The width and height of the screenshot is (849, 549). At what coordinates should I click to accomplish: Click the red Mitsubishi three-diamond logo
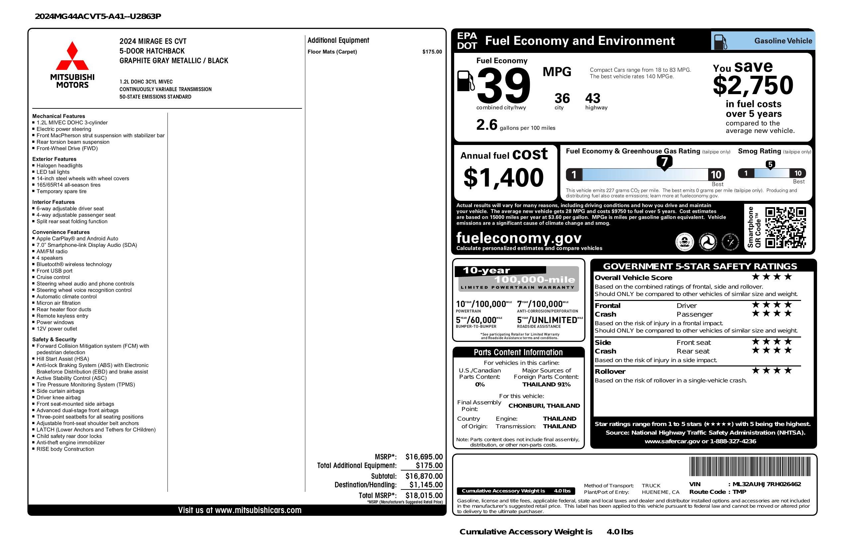(x=72, y=56)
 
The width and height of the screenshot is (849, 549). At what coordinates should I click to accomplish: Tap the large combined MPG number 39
(x=503, y=85)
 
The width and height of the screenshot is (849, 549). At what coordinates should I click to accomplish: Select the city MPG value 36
(x=562, y=98)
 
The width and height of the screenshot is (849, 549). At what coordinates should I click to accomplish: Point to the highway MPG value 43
(x=593, y=98)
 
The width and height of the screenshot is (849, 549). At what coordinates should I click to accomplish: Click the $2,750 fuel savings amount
(x=753, y=85)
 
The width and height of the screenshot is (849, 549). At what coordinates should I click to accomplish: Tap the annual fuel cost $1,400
(x=503, y=178)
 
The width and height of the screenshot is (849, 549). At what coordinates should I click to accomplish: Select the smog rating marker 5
(x=770, y=165)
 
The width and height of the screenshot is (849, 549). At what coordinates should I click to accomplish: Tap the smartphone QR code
(x=785, y=228)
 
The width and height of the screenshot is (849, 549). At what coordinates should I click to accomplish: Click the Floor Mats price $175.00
(x=431, y=52)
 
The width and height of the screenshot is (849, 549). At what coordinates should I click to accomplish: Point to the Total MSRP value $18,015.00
(x=424, y=495)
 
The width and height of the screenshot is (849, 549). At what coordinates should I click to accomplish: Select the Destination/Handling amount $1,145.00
(x=425, y=485)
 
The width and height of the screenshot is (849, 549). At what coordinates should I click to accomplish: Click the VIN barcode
(x=749, y=466)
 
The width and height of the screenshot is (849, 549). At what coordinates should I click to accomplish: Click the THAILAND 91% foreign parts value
(x=546, y=384)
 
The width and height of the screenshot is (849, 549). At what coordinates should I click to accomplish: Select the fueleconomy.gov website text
(x=519, y=238)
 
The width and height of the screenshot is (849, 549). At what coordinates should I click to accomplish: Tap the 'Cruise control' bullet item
(x=53, y=277)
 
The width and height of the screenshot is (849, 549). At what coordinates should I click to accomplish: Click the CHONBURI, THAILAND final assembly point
(x=544, y=406)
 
